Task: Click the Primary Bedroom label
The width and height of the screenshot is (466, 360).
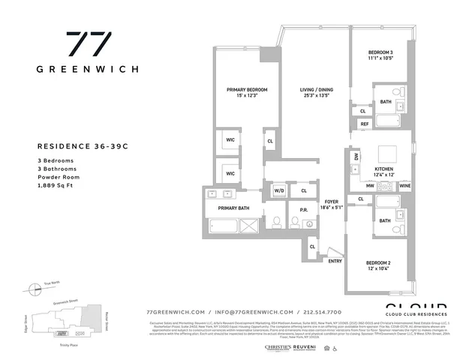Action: (248, 90)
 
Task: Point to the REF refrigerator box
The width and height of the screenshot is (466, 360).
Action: (365, 124)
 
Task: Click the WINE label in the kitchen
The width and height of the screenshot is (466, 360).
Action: (404, 185)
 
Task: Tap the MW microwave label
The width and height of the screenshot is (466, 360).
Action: (370, 185)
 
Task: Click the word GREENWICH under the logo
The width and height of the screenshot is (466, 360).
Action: (87, 69)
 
